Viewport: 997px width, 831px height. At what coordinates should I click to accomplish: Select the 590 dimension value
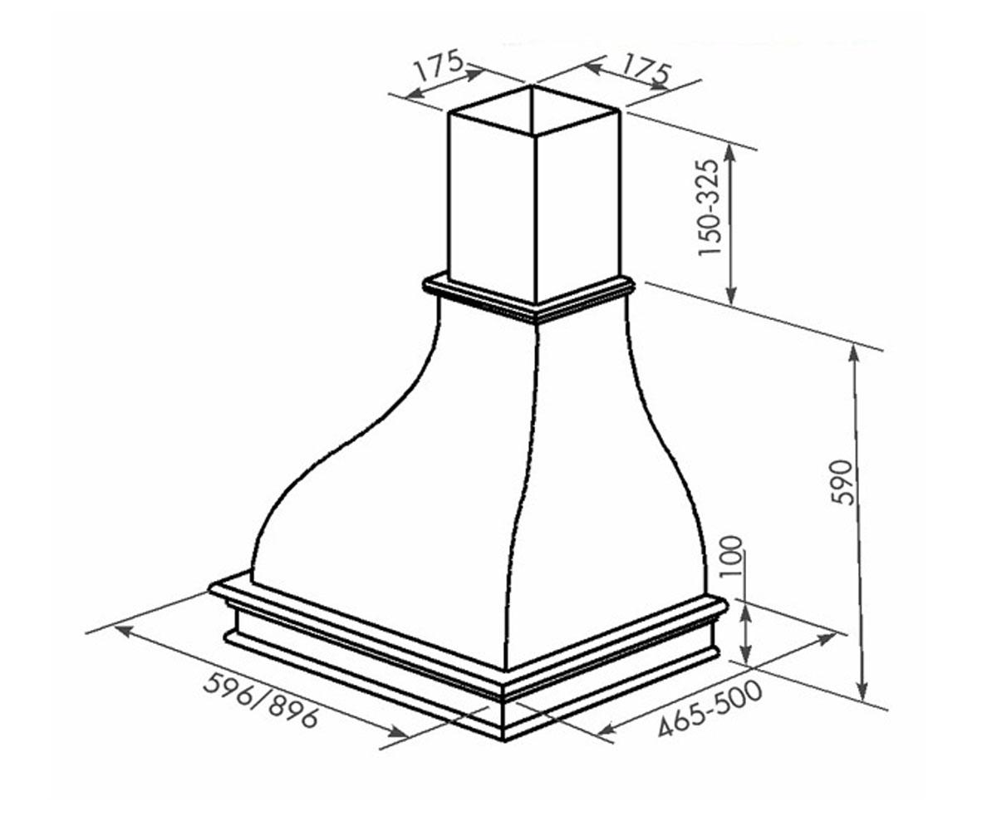[841, 482]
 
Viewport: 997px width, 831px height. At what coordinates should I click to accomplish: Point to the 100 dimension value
[733, 557]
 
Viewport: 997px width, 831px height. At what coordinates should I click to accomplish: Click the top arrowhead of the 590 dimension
[853, 356]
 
